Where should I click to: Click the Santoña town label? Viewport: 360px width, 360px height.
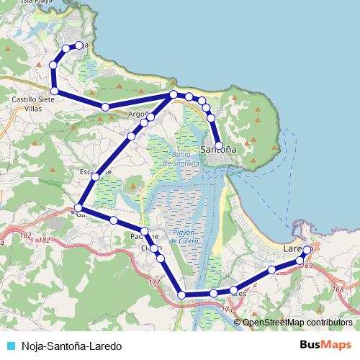tap(218, 150)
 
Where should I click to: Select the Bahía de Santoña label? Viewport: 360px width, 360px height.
tap(180, 159)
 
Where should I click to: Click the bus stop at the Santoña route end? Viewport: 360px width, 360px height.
tap(219, 145)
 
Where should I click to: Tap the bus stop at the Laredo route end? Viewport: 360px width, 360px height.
tap(307, 250)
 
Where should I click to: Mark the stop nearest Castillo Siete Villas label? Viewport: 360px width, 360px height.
tap(54, 91)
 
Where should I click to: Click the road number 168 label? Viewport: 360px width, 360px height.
tap(338, 289)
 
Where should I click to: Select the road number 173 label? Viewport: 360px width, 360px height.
tap(228, 310)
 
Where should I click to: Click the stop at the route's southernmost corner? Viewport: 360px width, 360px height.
tap(182, 295)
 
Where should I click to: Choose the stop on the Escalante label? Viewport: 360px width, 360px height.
tap(95, 176)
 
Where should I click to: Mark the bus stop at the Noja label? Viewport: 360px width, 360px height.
tap(79, 45)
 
